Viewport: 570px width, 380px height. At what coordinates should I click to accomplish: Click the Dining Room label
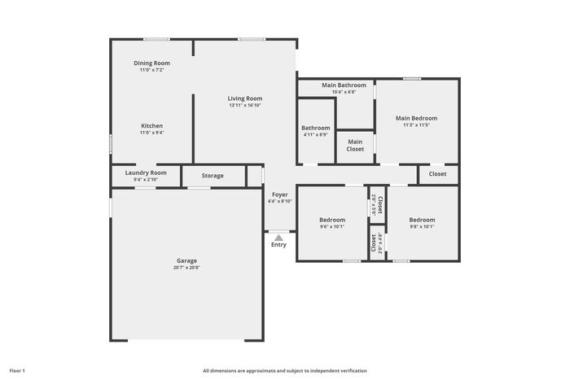(151, 63)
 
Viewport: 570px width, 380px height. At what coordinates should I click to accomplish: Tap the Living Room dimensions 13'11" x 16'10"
(245, 105)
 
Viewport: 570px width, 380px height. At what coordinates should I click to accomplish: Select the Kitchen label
(152, 125)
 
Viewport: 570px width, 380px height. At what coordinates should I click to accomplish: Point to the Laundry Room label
(146, 173)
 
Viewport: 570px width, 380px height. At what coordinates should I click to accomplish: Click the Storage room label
(213, 176)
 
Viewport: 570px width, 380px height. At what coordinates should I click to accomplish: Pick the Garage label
(186, 260)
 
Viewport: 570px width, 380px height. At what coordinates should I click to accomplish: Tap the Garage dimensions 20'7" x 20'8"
(186, 268)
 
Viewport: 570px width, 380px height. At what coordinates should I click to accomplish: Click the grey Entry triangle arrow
(278, 238)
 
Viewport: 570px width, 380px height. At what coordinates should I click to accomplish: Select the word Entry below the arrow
(278, 245)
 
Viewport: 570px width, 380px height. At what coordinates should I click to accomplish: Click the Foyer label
(280, 194)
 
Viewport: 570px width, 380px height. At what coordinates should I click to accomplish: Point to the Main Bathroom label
(344, 85)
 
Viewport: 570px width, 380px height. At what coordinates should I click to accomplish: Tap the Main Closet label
(355, 146)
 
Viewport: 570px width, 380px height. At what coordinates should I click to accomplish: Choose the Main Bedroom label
(416, 118)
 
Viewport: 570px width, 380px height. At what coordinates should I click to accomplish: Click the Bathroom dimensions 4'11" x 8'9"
(316, 135)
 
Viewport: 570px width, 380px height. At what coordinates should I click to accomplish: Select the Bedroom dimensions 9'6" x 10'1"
(332, 227)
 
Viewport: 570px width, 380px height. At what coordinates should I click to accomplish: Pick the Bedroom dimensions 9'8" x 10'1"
(422, 227)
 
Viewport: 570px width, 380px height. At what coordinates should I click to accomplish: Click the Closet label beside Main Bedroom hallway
(437, 174)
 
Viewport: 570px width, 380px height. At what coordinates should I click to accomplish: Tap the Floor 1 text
(17, 371)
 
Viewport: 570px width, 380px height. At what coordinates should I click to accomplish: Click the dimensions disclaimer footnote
(285, 371)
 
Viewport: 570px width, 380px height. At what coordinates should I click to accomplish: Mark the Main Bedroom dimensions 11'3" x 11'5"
(416, 125)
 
